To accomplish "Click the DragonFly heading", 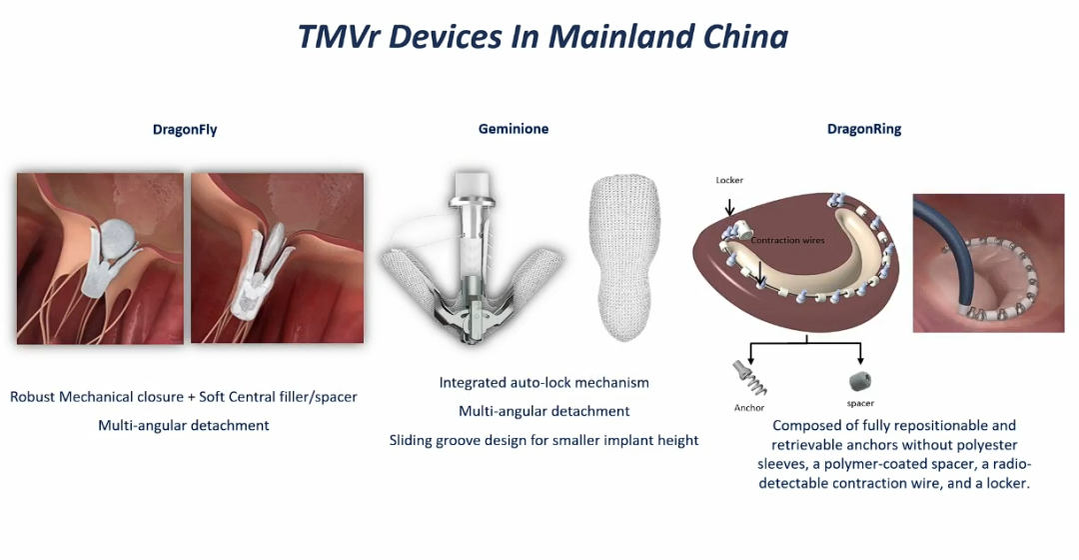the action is pos(185,129).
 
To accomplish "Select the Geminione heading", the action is pos(514,129).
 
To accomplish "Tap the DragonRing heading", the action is pos(863,129).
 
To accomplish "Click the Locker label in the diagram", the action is pos(729,180).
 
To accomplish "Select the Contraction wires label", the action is pos(787,240).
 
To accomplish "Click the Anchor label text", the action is pos(748,408).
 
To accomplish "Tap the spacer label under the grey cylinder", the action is pos(860,403).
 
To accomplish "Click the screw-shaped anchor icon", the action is pos(749,377).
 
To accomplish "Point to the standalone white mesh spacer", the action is pos(624,258).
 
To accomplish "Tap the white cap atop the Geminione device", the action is pos(473,184).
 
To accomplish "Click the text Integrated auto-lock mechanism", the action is pos(543,382).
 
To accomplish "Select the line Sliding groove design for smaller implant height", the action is pos(543,440).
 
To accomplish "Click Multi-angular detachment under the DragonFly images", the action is pos(184,425).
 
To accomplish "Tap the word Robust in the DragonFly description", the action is pos(32,397).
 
